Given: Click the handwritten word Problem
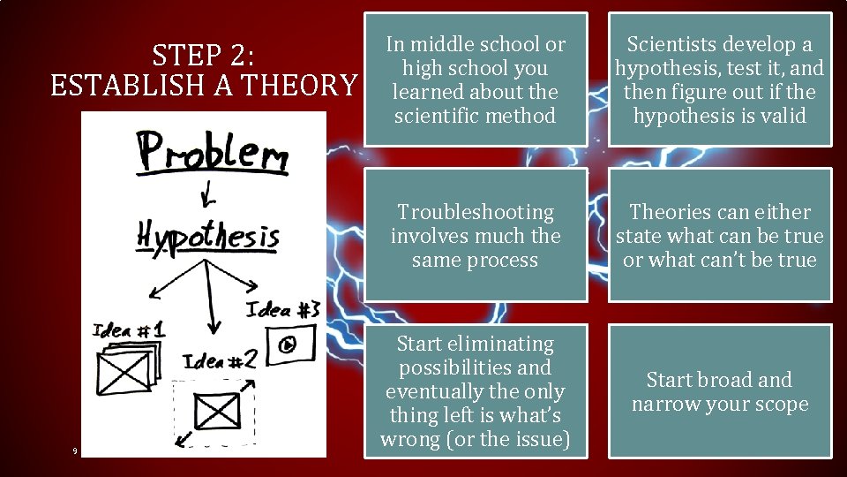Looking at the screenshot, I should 211,155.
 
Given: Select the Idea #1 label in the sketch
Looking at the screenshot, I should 129,330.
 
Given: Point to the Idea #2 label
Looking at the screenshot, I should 221,360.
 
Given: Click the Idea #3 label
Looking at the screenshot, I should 281,310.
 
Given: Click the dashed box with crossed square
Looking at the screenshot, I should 216,411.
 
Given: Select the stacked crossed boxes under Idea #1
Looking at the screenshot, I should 129,367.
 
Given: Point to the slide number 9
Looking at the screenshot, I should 75,451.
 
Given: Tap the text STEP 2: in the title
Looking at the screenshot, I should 204,57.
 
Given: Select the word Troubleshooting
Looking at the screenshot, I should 476,212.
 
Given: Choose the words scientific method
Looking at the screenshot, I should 476,116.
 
